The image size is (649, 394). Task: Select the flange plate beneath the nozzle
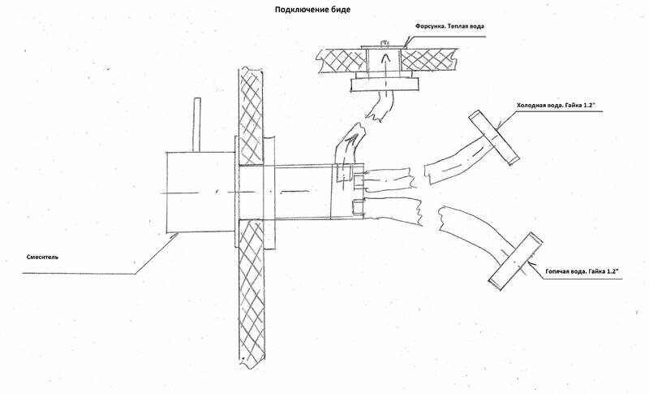point(385,84)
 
